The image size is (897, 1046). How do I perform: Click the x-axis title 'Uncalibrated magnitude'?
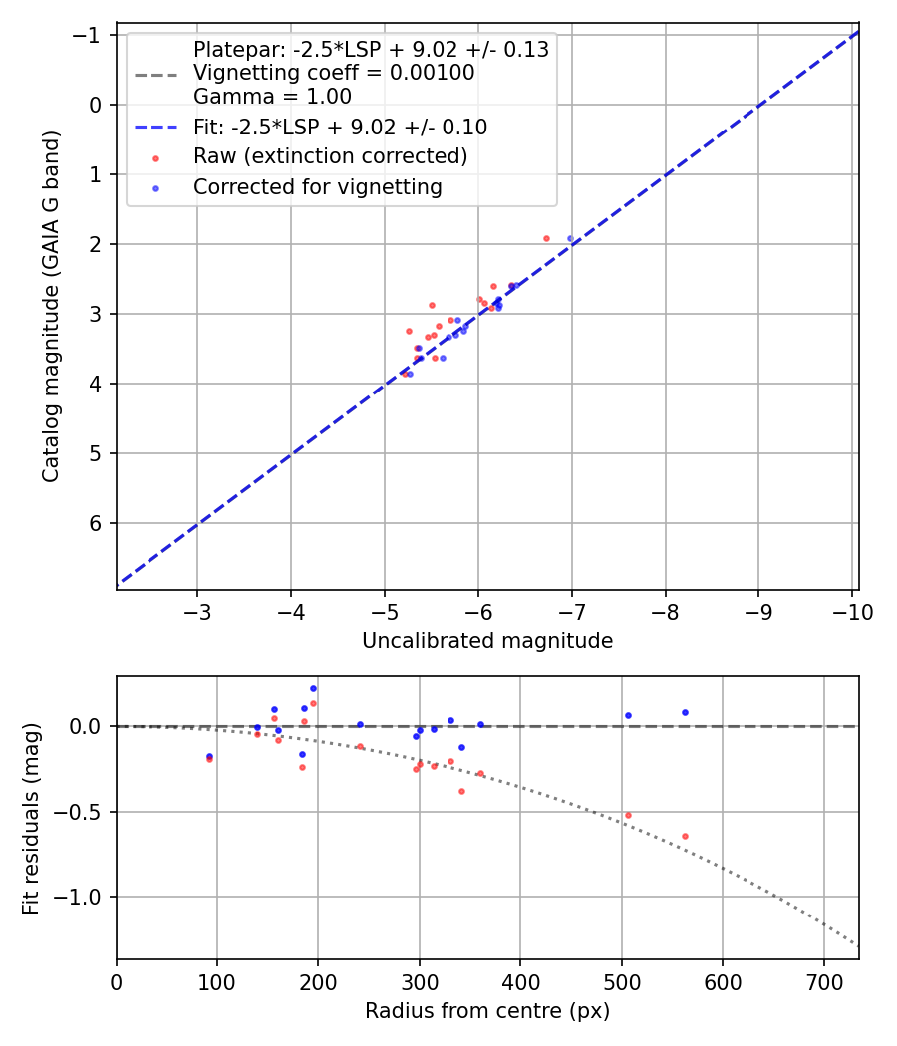click(x=487, y=641)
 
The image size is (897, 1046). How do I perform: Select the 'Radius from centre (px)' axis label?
click(x=487, y=1011)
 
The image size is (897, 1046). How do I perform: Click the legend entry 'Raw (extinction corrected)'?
click(x=330, y=156)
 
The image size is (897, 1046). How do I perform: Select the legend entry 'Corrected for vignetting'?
click(x=317, y=186)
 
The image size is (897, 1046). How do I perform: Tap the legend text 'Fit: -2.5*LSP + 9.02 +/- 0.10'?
click(x=340, y=127)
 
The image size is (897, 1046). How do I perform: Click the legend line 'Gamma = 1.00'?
click(x=272, y=97)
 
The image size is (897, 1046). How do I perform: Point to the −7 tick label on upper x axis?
click(x=572, y=611)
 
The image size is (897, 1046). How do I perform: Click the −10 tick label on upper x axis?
click(x=853, y=611)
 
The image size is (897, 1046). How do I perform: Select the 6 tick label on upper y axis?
click(x=97, y=523)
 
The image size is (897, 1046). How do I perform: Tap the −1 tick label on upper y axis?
click(x=90, y=35)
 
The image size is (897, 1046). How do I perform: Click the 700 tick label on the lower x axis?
click(x=823, y=981)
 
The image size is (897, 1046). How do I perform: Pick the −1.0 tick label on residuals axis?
click(x=84, y=897)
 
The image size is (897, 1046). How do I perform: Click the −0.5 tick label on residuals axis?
click(x=84, y=811)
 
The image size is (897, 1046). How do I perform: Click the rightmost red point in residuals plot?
click(x=685, y=836)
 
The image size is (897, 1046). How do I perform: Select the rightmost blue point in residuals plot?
click(x=685, y=712)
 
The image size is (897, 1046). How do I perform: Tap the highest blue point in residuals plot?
click(x=313, y=688)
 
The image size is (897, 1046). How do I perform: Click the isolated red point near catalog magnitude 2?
click(x=546, y=238)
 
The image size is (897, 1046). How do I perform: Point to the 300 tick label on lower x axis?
click(x=420, y=981)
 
